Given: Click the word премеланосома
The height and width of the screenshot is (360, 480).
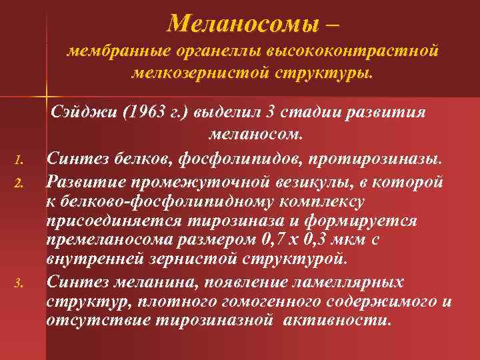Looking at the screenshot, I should click(x=97, y=238).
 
